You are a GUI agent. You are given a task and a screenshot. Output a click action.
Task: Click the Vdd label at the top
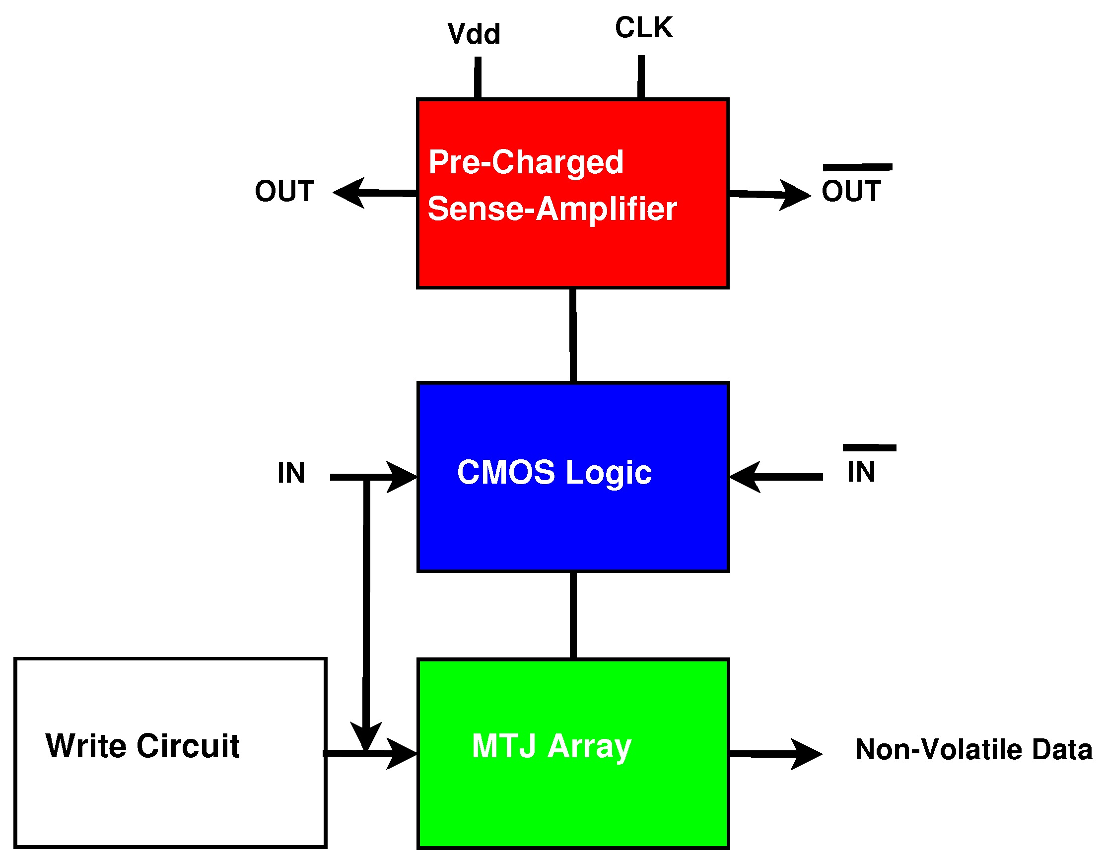click(x=474, y=34)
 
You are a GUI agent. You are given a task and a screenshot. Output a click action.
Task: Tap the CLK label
click(x=644, y=28)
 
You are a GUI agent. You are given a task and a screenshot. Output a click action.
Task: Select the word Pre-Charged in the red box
click(x=526, y=162)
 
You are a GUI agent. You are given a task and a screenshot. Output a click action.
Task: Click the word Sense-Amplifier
click(x=551, y=209)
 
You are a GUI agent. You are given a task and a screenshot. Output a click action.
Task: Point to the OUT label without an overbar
click(x=284, y=192)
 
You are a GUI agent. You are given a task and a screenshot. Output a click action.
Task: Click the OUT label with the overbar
click(x=851, y=191)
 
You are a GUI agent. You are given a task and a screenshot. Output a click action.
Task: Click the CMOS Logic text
click(x=554, y=472)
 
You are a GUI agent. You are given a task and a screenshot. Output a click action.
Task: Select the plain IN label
click(x=291, y=473)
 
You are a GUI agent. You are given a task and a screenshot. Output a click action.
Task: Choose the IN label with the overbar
click(x=861, y=472)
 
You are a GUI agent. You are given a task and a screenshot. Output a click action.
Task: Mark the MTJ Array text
click(x=551, y=746)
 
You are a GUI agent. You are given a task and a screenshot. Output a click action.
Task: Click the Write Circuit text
click(x=142, y=746)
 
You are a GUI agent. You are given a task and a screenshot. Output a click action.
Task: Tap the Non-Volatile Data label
click(x=973, y=749)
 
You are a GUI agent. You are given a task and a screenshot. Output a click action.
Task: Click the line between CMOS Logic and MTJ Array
click(x=573, y=615)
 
